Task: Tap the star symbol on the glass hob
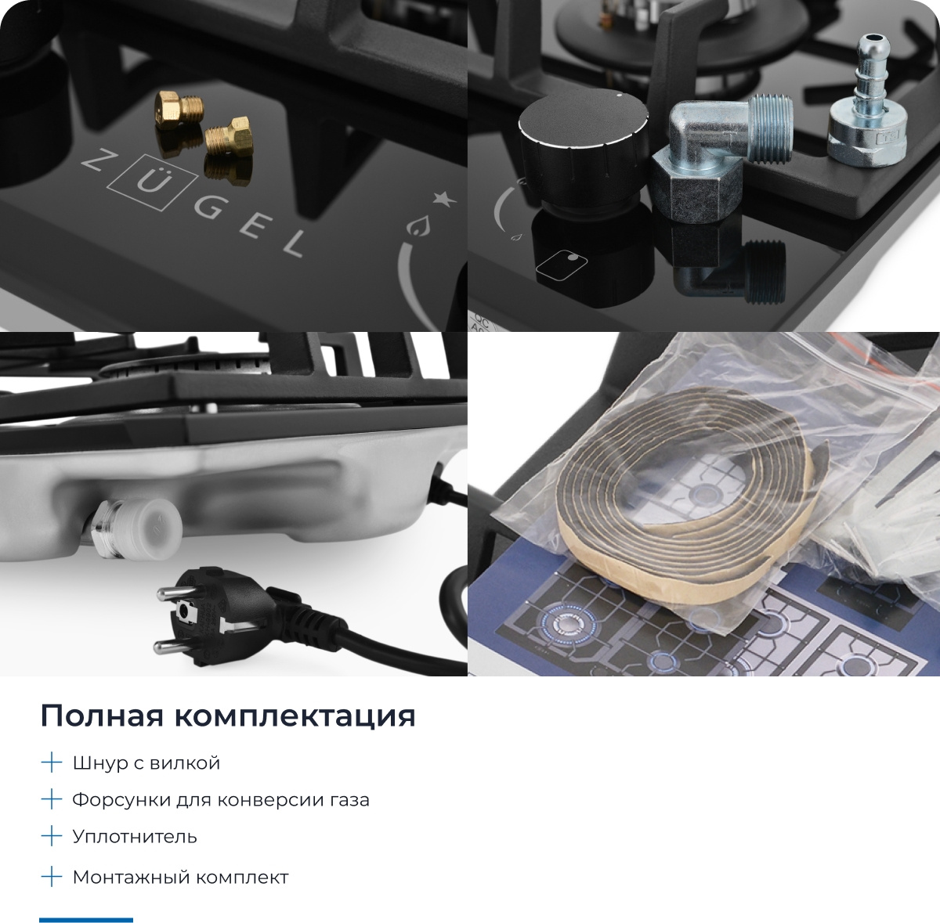pyautogui.click(x=444, y=200)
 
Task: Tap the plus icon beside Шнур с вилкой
pyautogui.click(x=51, y=762)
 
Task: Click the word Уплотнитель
pyautogui.click(x=135, y=837)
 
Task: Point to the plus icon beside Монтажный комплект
pyautogui.click(x=51, y=877)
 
